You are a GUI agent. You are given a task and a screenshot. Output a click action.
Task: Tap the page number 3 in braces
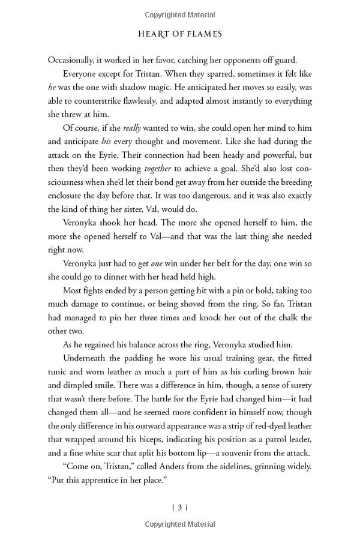tap(180, 507)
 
